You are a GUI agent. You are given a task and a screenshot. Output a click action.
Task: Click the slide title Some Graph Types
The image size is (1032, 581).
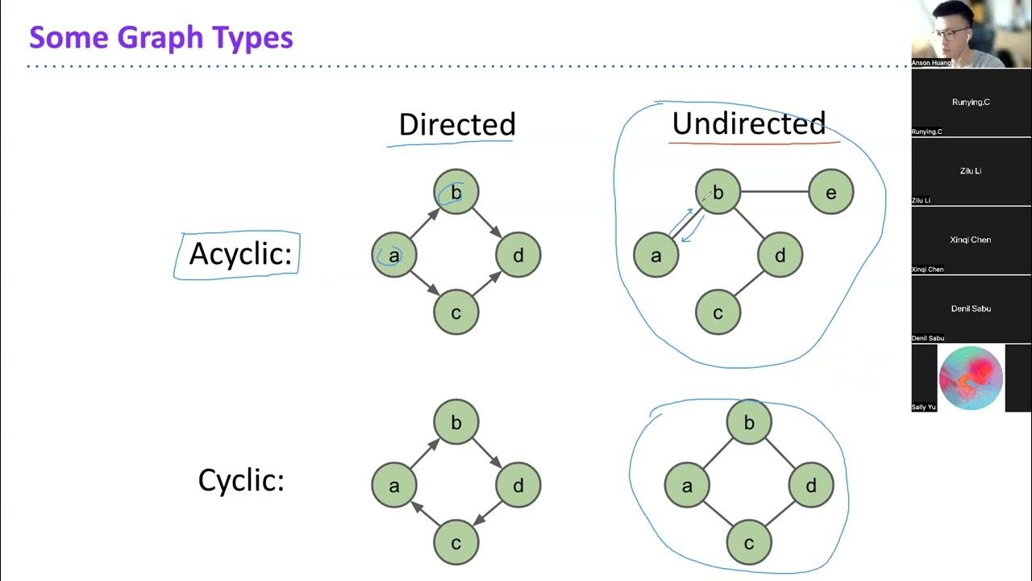point(161,37)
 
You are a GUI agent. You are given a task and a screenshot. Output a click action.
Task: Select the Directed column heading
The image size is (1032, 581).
point(456,124)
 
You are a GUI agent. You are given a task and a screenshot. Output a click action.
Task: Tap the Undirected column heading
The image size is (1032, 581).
point(748,123)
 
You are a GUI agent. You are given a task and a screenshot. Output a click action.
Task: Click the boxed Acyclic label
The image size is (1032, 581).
point(239,254)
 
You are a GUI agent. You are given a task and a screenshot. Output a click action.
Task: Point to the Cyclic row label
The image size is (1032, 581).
point(241,481)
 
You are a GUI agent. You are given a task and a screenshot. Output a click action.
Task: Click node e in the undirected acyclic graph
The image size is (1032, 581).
point(830,192)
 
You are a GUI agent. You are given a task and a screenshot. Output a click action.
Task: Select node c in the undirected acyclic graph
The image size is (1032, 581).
point(718,312)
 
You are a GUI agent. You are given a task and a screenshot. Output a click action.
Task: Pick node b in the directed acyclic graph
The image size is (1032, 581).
point(456,192)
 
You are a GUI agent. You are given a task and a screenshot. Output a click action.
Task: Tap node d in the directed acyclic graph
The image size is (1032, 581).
point(518,255)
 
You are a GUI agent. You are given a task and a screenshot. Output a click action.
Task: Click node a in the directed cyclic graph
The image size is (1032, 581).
point(394,485)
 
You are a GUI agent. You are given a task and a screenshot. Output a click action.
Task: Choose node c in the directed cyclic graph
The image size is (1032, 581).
point(456,542)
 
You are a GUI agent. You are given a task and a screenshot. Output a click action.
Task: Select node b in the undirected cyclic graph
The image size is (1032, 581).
point(749,422)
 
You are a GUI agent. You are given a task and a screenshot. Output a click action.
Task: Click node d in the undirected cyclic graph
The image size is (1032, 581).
point(810,485)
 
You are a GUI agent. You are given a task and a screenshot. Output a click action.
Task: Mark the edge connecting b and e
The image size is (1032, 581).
point(774,192)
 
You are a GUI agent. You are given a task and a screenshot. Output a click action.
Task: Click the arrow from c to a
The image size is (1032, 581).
point(424,515)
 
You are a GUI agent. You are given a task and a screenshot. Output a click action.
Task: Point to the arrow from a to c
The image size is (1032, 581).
point(425,283)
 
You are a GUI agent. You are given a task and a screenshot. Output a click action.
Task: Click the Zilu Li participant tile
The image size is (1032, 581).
point(971,171)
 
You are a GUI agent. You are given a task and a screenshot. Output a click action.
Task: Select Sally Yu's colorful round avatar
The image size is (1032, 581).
point(971,378)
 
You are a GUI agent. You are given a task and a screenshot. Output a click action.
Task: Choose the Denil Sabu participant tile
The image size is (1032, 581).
point(971,309)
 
